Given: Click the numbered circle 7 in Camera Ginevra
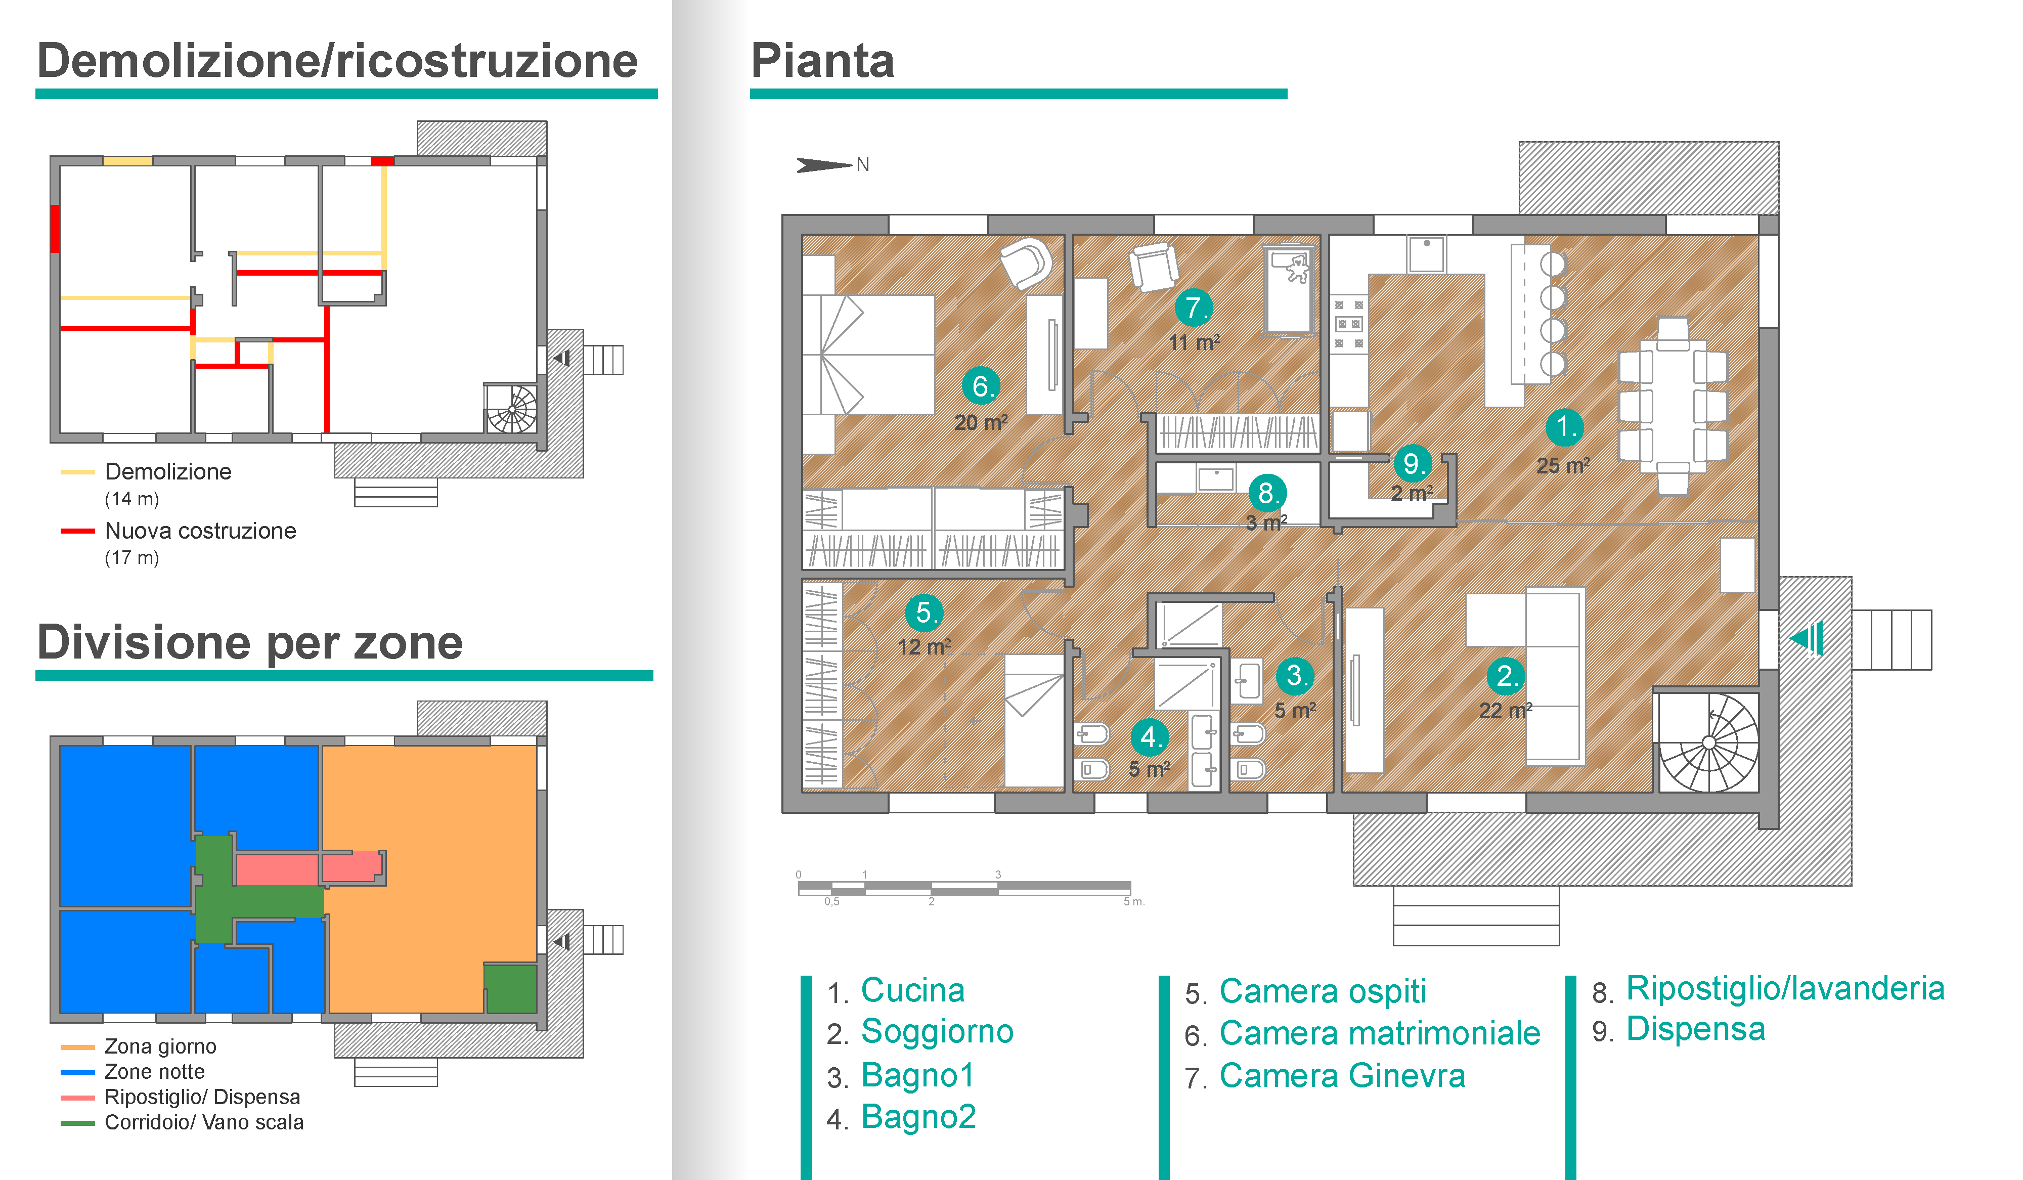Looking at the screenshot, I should tap(1193, 308).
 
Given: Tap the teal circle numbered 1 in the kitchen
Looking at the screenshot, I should tap(1564, 427).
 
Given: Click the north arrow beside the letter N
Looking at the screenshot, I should tap(823, 164).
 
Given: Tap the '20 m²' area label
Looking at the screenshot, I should tap(980, 422).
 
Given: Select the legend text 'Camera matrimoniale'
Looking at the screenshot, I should tap(1379, 1033).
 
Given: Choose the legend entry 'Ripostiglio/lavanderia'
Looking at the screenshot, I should tap(1785, 988).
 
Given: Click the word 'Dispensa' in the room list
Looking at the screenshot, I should tap(1695, 1029).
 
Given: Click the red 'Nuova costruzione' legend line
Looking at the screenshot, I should tap(78, 531).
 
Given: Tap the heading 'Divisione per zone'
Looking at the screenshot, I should tap(250, 642).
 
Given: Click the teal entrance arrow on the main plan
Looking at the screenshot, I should tap(1806, 639).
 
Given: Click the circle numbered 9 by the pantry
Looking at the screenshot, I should tap(1411, 463).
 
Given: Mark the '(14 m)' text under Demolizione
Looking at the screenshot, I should tap(131, 499).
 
